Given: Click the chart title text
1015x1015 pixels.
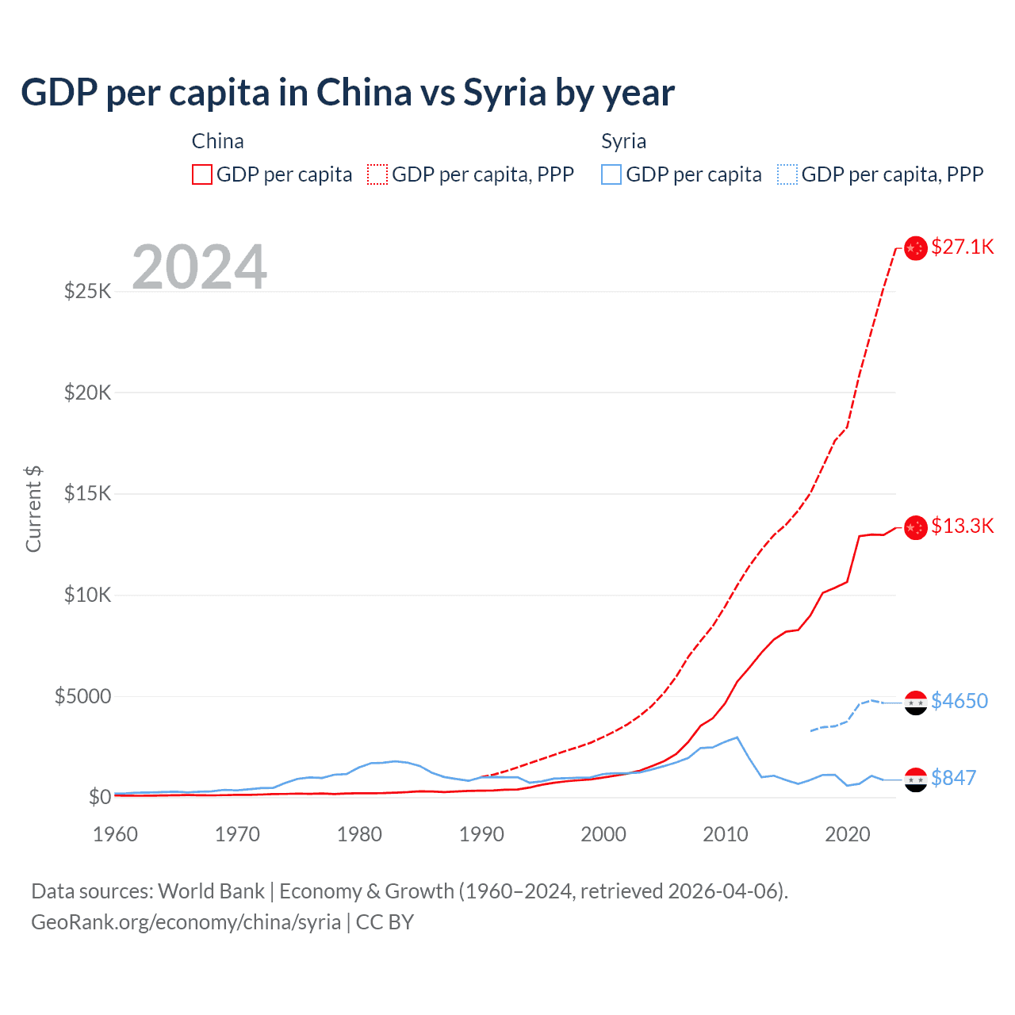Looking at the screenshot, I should click(347, 93).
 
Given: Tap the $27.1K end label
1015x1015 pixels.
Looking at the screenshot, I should click(962, 247).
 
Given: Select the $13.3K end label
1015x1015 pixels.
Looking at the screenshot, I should click(962, 526).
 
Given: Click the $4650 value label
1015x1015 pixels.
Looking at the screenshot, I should click(959, 701).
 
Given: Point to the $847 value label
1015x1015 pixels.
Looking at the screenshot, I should click(953, 778).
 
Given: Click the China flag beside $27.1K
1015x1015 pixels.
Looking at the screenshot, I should click(916, 248).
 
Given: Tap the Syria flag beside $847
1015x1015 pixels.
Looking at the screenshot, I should click(916, 779).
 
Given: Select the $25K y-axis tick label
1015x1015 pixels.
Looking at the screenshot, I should click(88, 291).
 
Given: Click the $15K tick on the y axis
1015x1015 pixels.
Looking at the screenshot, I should click(88, 493).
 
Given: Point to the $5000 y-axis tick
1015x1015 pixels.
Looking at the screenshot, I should click(83, 696).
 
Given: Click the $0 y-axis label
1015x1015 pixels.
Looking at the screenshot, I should click(99, 797).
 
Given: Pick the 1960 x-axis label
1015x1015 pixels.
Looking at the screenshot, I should click(116, 834).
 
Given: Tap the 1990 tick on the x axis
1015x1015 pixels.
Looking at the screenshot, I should click(481, 834).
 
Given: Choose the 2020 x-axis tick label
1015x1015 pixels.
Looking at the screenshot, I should click(848, 834).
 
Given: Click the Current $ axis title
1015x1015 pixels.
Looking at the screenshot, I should click(33, 509).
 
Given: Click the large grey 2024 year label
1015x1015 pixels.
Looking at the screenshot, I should click(199, 266).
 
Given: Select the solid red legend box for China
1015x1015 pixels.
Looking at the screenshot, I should click(202, 174).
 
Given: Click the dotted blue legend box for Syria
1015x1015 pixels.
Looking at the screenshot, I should click(787, 174).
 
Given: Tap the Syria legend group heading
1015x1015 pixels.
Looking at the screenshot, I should click(623, 141).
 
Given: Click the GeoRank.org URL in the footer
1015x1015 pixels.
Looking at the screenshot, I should click(186, 922).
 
